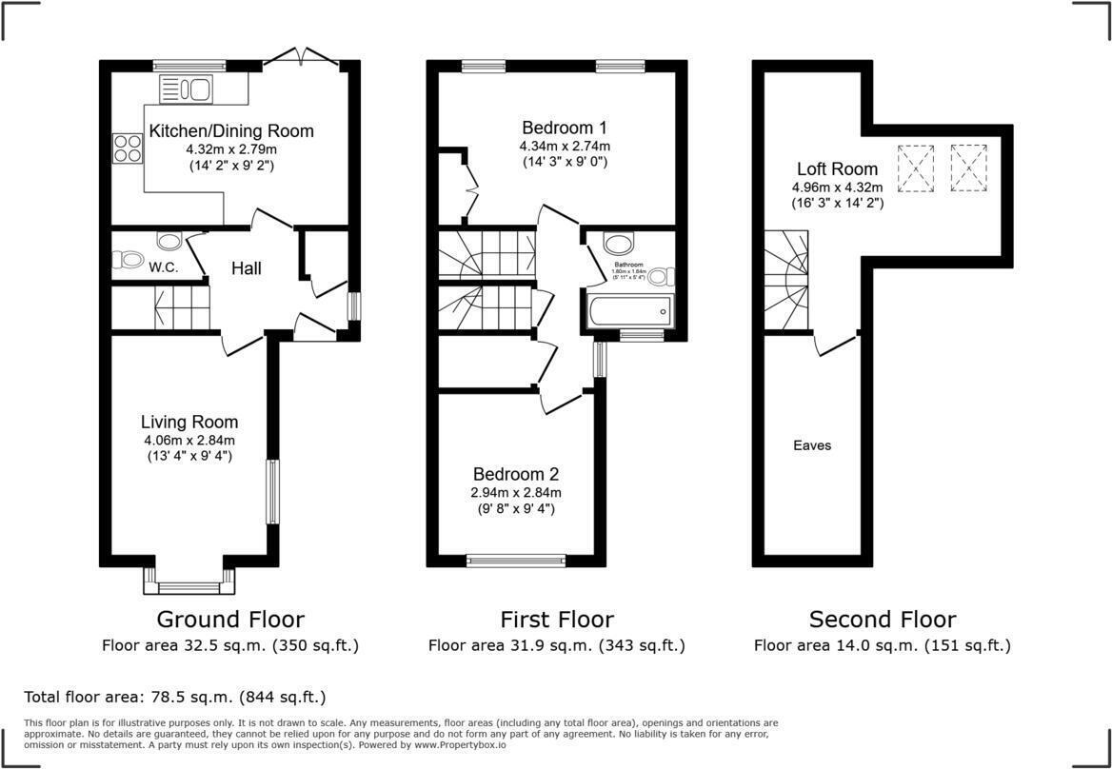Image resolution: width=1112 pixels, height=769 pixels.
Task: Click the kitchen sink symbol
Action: pyautogui.click(x=187, y=90)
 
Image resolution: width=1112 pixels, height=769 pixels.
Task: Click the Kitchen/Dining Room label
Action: pyautogui.click(x=231, y=131)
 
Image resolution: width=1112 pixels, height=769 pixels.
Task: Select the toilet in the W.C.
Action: pyautogui.click(x=127, y=258)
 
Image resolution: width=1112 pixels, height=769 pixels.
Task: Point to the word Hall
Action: pyautogui.click(x=247, y=269)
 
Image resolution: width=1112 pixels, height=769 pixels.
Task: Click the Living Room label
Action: pyautogui.click(x=189, y=422)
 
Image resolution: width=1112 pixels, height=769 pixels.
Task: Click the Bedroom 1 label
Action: pyautogui.click(x=565, y=128)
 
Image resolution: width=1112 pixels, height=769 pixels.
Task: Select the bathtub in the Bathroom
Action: pyautogui.click(x=630, y=311)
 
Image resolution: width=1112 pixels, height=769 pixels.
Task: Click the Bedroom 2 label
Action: pyautogui.click(x=517, y=474)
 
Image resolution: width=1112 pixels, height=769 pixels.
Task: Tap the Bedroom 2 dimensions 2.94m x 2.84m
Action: pyautogui.click(x=517, y=492)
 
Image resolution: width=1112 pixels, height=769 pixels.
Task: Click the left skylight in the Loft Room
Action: pyautogui.click(x=916, y=168)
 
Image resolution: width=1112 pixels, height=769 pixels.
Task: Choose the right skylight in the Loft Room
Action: pyautogui.click(x=968, y=168)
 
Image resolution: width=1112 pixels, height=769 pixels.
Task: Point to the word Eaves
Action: pyautogui.click(x=812, y=445)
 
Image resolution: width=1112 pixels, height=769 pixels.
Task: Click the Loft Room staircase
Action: pyautogui.click(x=787, y=281)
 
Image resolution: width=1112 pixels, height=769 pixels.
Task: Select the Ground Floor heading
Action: pyautogui.click(x=230, y=620)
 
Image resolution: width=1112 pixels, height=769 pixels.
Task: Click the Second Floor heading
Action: pyautogui.click(x=883, y=620)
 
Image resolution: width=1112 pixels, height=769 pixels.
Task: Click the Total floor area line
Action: pyautogui.click(x=175, y=697)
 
